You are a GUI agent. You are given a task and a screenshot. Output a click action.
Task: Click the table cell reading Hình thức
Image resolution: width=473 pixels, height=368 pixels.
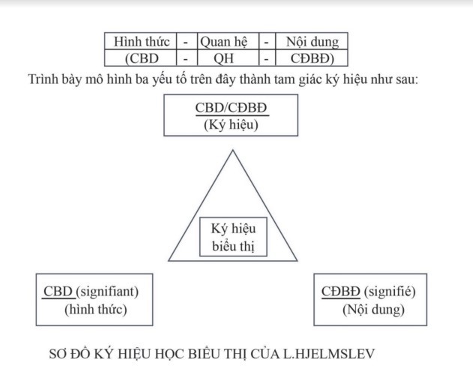(x=141, y=41)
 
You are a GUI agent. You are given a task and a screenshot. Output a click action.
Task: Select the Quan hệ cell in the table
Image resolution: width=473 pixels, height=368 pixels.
(x=228, y=41)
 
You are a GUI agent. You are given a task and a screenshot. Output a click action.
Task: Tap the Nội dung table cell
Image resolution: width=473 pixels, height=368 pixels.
(x=312, y=41)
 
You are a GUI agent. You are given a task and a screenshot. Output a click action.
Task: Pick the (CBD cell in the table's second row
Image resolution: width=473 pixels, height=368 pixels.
(x=141, y=58)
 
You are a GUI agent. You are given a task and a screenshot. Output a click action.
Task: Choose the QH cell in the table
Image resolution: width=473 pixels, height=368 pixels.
(x=228, y=58)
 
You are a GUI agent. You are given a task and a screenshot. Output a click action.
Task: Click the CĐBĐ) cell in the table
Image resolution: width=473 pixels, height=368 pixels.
(x=312, y=58)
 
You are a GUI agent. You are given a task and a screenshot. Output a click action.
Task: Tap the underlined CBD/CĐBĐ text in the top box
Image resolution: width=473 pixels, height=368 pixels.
(x=232, y=108)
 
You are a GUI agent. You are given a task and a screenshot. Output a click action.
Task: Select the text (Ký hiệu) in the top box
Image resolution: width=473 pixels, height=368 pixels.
(x=231, y=124)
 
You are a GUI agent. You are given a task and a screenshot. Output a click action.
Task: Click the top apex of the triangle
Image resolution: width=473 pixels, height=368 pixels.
(x=233, y=150)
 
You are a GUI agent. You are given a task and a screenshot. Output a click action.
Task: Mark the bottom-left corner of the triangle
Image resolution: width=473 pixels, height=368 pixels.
(x=169, y=261)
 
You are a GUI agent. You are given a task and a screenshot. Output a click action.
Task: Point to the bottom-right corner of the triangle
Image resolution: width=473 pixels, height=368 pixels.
(x=298, y=261)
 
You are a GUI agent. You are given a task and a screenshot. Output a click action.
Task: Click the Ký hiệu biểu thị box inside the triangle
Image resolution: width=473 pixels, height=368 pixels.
(x=233, y=237)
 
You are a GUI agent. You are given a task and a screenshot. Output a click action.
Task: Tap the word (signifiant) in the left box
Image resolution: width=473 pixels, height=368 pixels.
(x=107, y=292)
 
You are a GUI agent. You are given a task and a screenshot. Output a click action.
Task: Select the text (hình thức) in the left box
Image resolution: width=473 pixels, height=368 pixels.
(x=96, y=310)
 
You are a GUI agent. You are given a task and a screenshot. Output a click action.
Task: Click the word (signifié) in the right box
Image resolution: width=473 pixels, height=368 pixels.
(x=390, y=292)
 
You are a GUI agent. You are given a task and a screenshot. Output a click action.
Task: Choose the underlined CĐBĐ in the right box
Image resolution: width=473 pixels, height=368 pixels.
(x=341, y=292)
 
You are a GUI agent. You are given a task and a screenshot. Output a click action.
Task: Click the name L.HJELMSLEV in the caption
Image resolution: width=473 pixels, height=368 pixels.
(x=329, y=354)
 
